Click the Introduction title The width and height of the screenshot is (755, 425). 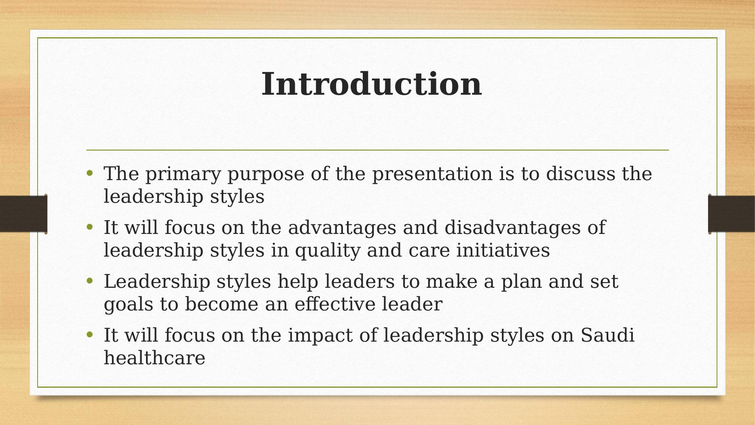click(372, 84)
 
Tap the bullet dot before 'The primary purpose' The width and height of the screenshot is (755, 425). click(90, 173)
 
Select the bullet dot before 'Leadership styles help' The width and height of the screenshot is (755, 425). click(90, 281)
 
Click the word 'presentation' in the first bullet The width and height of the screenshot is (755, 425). click(432, 174)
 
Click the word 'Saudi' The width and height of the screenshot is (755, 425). click(607, 335)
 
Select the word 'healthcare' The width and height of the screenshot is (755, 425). click(154, 358)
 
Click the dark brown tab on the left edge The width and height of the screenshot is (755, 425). click(23, 214)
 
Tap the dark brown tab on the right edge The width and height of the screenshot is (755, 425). click(732, 214)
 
